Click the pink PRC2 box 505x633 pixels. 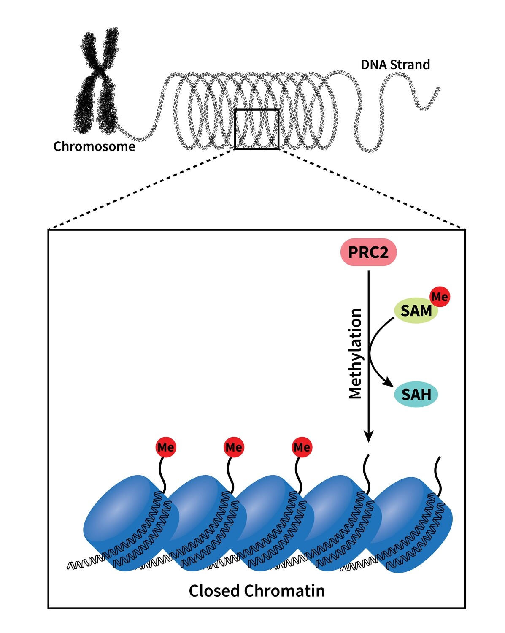(368, 252)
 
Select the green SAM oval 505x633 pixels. (416, 311)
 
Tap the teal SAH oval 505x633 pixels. (416, 395)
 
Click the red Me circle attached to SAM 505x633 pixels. (440, 297)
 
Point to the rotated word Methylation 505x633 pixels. (356, 354)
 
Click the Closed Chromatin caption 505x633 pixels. (257, 590)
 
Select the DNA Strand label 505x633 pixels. (395, 65)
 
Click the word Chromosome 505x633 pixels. (94, 146)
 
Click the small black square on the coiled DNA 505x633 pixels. (257, 129)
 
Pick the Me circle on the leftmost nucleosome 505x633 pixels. (165, 447)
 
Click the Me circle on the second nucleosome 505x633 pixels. (233, 447)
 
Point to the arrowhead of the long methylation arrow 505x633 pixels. (369, 437)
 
